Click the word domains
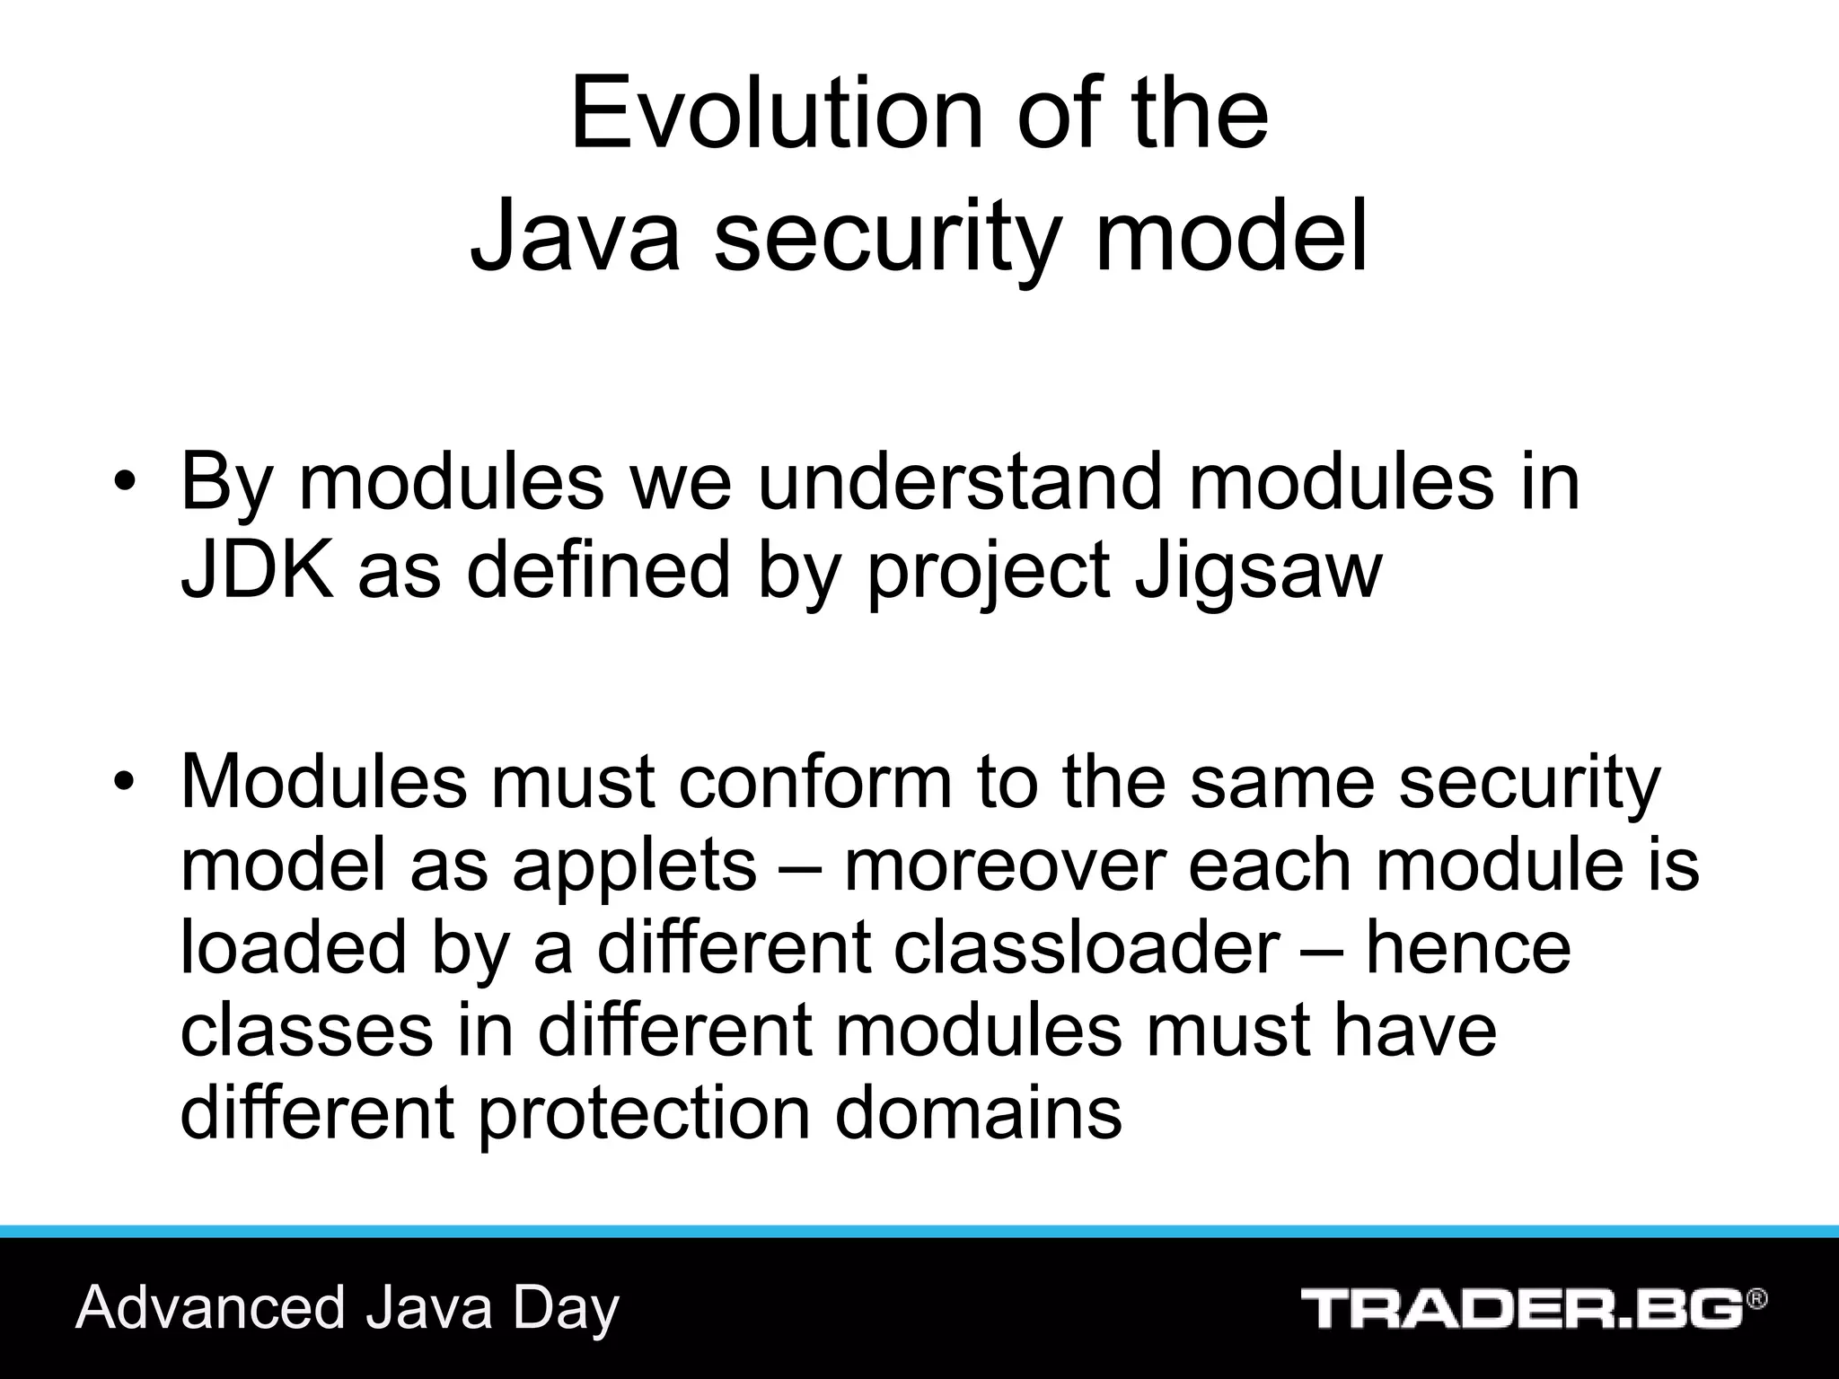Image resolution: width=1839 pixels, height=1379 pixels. [x=978, y=1113]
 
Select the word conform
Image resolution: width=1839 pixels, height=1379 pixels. [x=814, y=781]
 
